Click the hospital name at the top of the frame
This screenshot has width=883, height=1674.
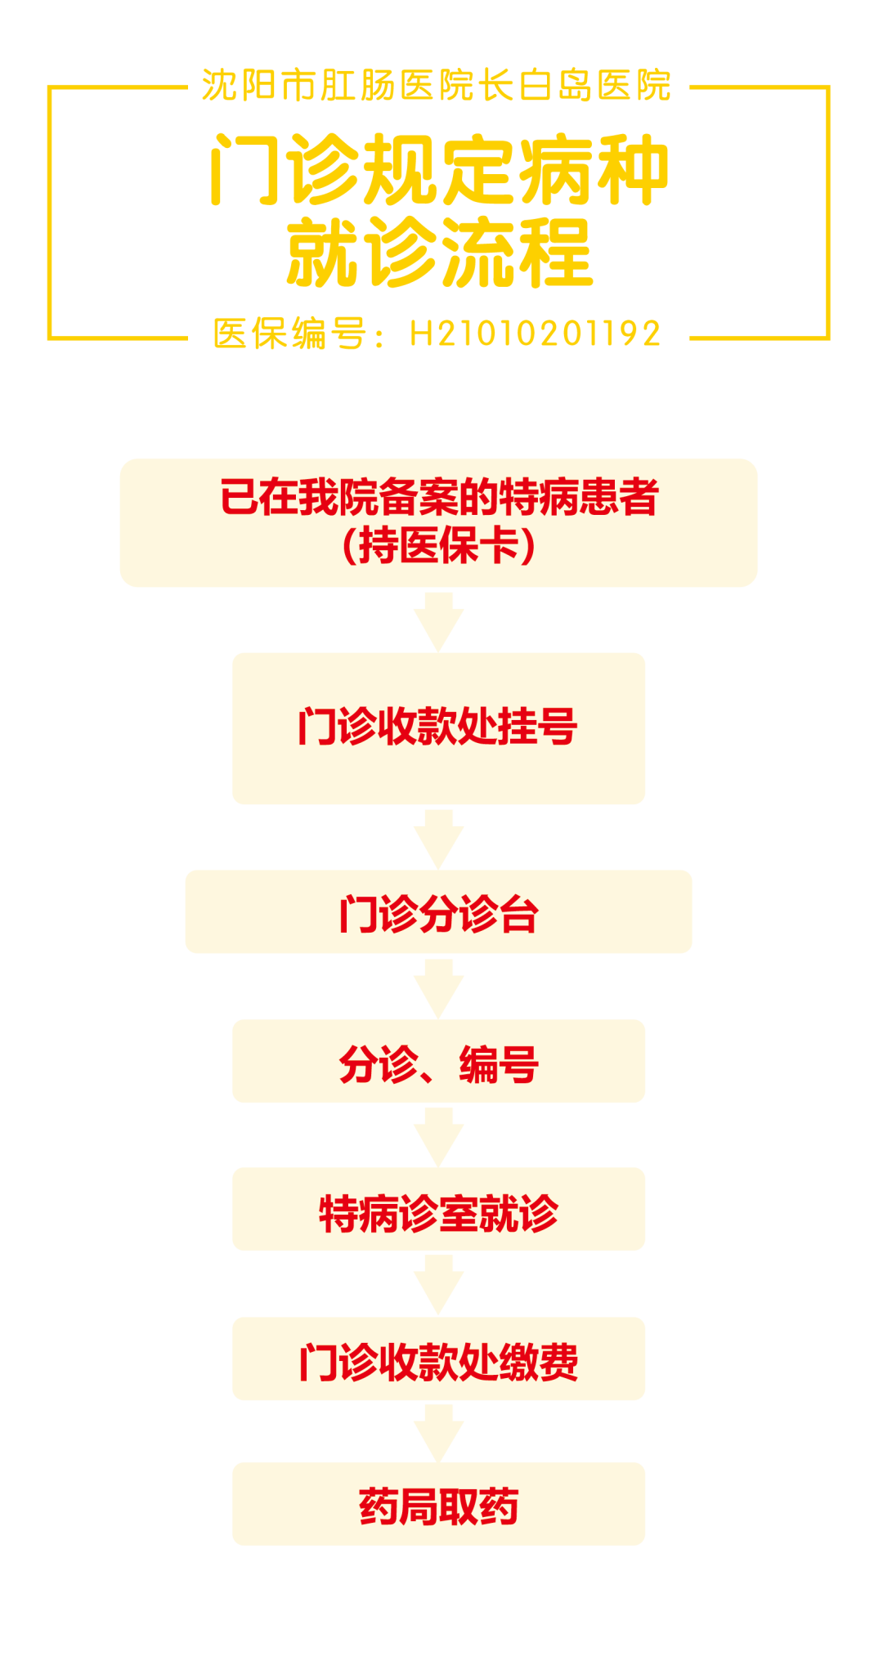pyautogui.click(x=437, y=86)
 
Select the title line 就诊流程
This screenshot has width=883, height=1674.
pyautogui.click(x=440, y=253)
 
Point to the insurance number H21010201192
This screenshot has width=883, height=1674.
pyautogui.click(x=536, y=333)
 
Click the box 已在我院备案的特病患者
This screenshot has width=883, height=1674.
pyautogui.click(x=439, y=498)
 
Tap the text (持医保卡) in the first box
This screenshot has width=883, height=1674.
pyautogui.click(x=439, y=545)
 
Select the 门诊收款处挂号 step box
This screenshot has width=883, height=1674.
pyautogui.click(x=439, y=727)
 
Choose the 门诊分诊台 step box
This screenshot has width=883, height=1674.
pyautogui.click(x=439, y=912)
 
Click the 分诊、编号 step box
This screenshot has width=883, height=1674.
pyautogui.click(x=439, y=1062)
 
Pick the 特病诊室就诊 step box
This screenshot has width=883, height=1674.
pyautogui.click(x=439, y=1210)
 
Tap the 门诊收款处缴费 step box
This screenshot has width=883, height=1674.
pyautogui.click(x=439, y=1359)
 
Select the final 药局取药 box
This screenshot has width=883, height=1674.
pyautogui.click(x=439, y=1505)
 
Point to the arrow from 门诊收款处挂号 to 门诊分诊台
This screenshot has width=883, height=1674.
pyautogui.click(x=439, y=839)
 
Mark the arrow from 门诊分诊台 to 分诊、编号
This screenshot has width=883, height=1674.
pyautogui.click(x=439, y=987)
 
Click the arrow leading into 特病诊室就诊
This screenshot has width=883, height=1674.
pyautogui.click(x=439, y=1136)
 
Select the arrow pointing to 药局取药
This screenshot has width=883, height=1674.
pyautogui.click(x=439, y=1432)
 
